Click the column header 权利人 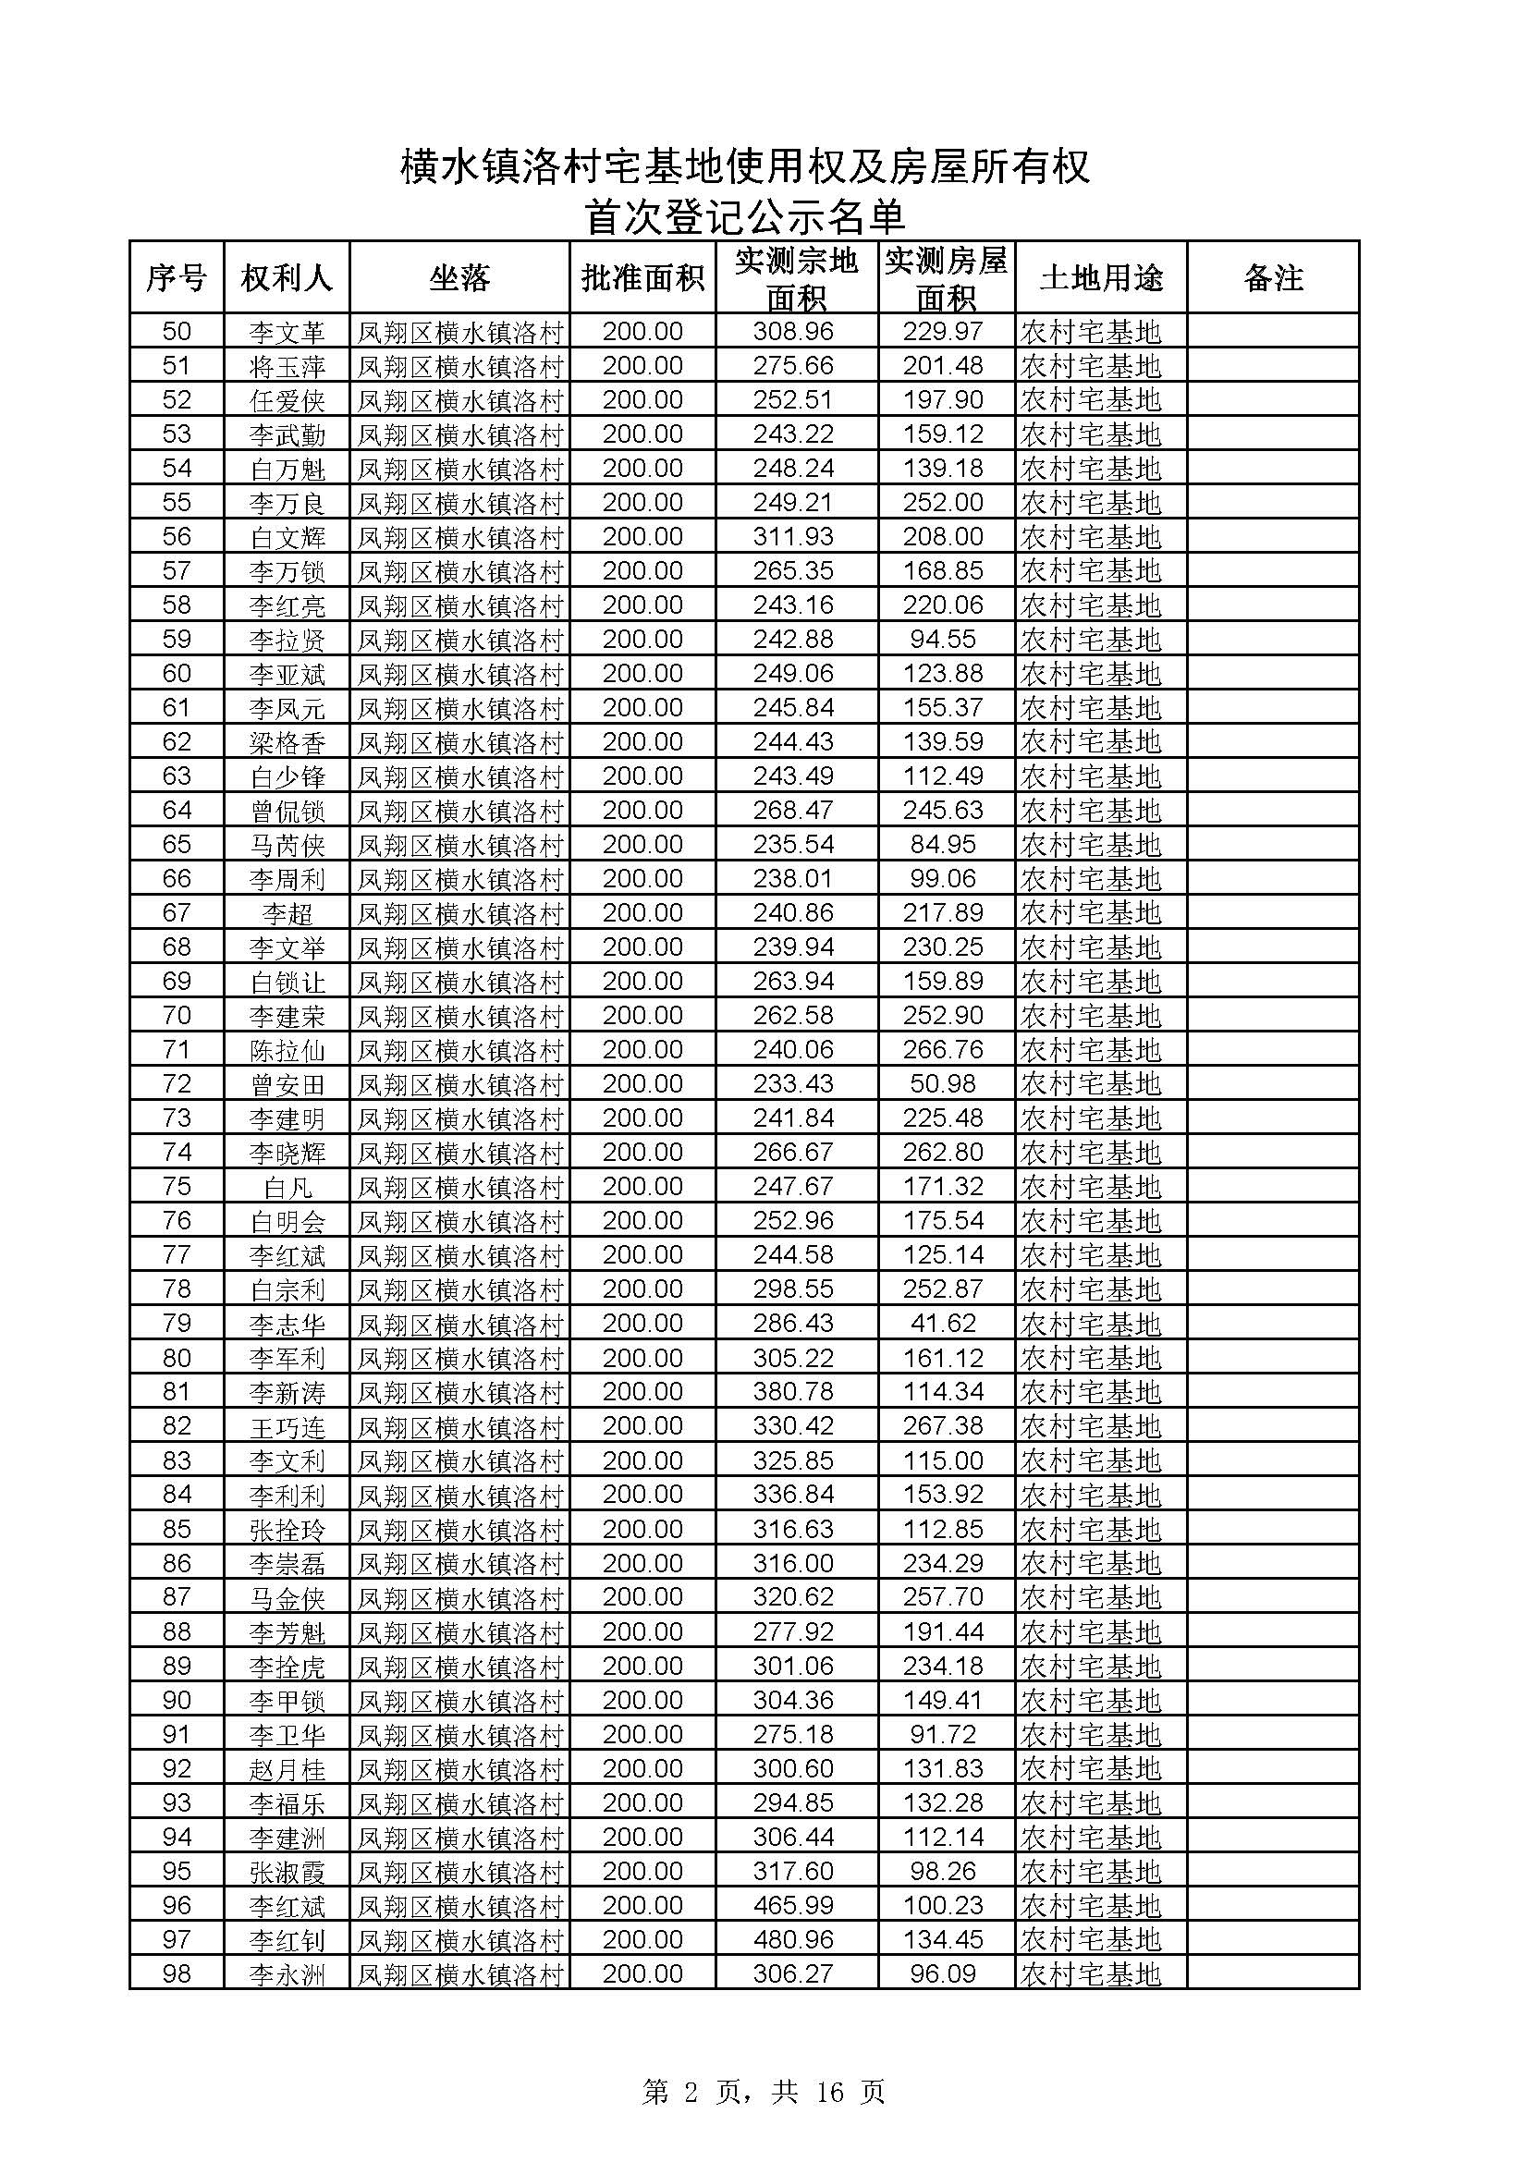pyautogui.click(x=287, y=278)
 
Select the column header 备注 pyautogui.click(x=1273, y=278)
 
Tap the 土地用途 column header pyautogui.click(x=1101, y=278)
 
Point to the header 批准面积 pyautogui.click(x=643, y=278)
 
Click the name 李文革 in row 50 pyautogui.click(x=287, y=333)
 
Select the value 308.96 pyautogui.click(x=794, y=332)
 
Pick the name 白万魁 pyautogui.click(x=287, y=469)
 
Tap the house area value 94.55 pyautogui.click(x=944, y=640)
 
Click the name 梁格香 pyautogui.click(x=287, y=743)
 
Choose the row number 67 pyautogui.click(x=177, y=912)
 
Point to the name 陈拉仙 pyautogui.click(x=287, y=1050)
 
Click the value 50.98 pyautogui.click(x=944, y=1084)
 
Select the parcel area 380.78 pyautogui.click(x=794, y=1392)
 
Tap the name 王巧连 pyautogui.click(x=287, y=1426)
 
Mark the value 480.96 pyautogui.click(x=794, y=1940)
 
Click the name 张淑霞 pyautogui.click(x=287, y=1872)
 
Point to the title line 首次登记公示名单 pyautogui.click(x=745, y=217)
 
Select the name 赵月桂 pyautogui.click(x=287, y=1769)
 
